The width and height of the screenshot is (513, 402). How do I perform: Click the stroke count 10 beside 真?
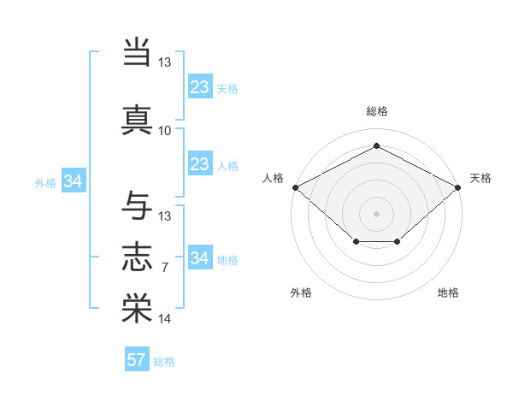[165, 130]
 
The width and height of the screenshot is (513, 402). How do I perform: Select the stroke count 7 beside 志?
[165, 268]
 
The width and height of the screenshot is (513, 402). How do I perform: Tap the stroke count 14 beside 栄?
[165, 319]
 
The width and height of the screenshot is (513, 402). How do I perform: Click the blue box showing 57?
[137, 360]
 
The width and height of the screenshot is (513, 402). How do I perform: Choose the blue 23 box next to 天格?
[199, 86]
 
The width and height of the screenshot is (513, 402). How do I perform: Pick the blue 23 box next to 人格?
[199, 164]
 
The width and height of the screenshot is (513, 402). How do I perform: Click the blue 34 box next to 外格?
[74, 181]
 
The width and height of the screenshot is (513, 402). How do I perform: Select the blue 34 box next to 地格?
[199, 258]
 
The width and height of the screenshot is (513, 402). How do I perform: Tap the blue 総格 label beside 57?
[164, 362]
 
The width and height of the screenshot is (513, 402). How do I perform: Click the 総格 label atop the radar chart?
[376, 111]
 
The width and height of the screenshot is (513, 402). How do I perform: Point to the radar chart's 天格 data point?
[458, 187]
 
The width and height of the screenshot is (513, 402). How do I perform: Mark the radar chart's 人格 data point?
[295, 187]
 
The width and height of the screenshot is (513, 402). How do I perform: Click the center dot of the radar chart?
[376, 213]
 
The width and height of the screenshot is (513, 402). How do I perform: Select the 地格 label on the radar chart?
[448, 293]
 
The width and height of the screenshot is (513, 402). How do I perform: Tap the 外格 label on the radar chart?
[301, 293]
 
